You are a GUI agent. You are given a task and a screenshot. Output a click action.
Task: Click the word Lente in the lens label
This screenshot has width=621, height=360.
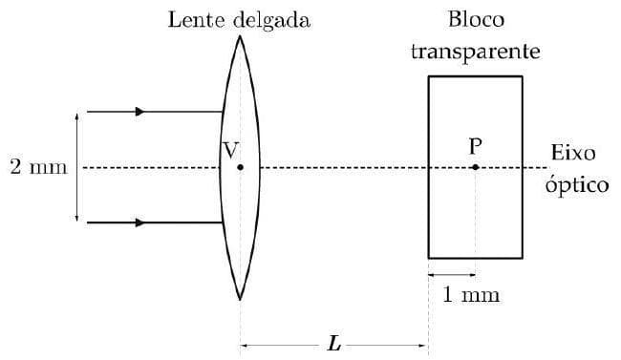[x=196, y=20]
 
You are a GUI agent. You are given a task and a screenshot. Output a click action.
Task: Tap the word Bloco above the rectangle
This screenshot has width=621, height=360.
[x=475, y=20]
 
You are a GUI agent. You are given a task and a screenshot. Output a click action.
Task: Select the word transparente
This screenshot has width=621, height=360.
[x=475, y=50]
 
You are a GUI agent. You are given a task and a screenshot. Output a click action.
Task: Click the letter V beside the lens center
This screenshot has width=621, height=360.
[x=229, y=149]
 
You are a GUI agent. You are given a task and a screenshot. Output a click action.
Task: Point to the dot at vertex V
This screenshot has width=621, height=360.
[x=240, y=167]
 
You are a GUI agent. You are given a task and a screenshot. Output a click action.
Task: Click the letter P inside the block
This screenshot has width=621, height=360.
[x=475, y=146]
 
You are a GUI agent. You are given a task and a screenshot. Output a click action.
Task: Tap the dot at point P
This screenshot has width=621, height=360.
[x=475, y=167]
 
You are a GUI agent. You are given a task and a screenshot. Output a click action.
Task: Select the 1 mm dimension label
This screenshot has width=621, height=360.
[x=471, y=294]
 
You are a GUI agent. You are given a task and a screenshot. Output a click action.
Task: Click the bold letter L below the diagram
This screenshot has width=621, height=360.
[x=332, y=345]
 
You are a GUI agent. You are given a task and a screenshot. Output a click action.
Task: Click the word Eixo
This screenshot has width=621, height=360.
[x=573, y=153]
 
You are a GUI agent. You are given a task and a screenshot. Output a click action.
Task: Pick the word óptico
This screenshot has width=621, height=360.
[x=576, y=183]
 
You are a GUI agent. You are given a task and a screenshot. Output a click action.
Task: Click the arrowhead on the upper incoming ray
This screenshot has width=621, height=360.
[x=140, y=112]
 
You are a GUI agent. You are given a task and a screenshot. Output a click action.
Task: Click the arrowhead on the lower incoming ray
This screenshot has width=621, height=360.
[x=140, y=222]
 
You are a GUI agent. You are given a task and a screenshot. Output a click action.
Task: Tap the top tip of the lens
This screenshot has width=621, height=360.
[x=240, y=36]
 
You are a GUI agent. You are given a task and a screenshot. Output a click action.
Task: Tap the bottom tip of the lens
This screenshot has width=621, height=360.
[x=240, y=300]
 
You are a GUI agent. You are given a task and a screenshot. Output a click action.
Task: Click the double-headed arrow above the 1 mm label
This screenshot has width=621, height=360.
[x=451, y=275]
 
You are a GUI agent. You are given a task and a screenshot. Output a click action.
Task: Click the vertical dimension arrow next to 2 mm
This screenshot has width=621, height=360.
[x=76, y=167]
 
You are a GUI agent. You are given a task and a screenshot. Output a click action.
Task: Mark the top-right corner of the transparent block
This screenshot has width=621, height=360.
[x=523, y=76]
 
